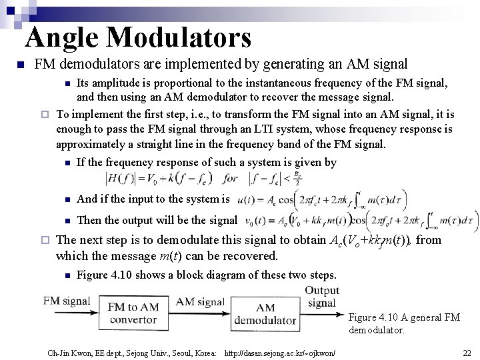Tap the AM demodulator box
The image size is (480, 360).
point(265,313)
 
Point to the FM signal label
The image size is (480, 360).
point(67,301)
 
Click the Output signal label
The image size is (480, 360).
point(322,297)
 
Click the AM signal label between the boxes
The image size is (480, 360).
point(201,302)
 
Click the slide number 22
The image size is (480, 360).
point(467,352)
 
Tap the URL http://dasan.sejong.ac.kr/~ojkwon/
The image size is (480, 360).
point(280,352)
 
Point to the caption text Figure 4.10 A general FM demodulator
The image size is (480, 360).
point(404,323)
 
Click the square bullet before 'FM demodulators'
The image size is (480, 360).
point(21,65)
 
